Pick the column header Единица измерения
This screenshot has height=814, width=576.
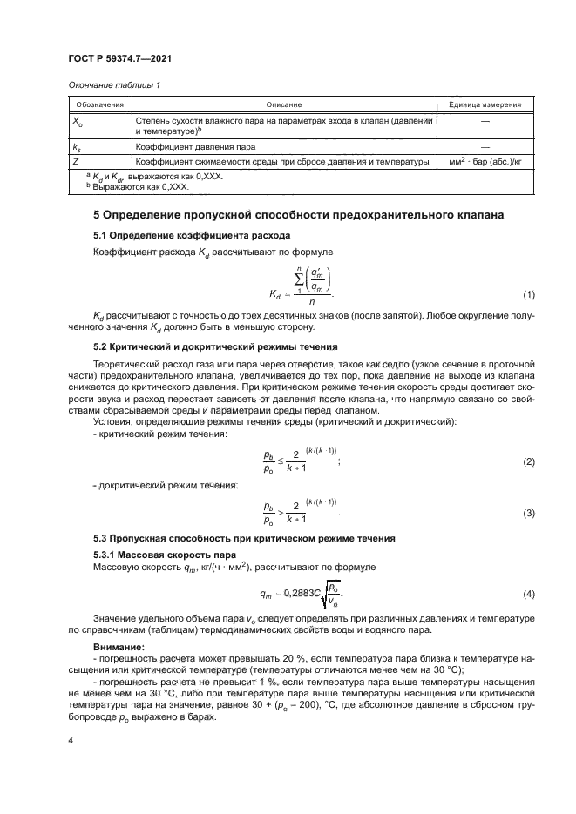point(485,104)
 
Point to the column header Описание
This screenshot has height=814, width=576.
point(283,104)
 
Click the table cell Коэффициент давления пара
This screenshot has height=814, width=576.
point(195,148)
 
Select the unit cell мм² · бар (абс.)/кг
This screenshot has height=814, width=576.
point(485,162)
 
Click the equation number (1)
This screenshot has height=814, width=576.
point(528,295)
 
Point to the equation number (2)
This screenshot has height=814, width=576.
point(528,461)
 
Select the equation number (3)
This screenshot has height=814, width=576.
point(528,514)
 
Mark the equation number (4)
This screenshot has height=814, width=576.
point(528,594)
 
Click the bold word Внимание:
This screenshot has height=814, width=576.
point(119,647)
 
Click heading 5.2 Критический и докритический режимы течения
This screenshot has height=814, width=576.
point(216,347)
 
